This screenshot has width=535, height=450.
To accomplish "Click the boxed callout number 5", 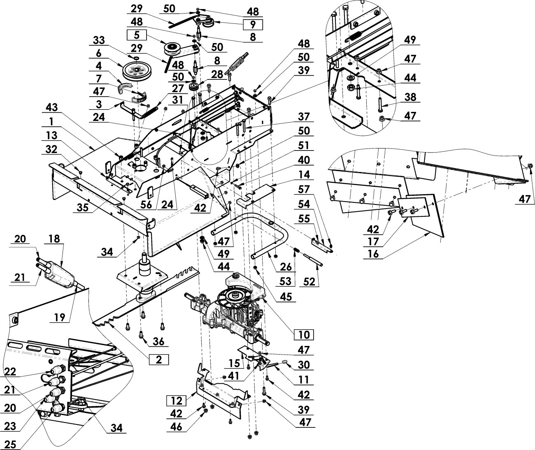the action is tap(137, 35).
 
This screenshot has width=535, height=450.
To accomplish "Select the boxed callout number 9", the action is tap(253, 25).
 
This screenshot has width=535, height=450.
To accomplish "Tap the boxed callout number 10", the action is tap(304, 335).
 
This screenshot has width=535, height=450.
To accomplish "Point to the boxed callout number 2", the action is tap(159, 360).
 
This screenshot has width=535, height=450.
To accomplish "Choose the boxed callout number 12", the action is tap(177, 401).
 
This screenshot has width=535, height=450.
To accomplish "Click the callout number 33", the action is tap(99, 40).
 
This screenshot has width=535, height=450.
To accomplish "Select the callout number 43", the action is tap(52, 107).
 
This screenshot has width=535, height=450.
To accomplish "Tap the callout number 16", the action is tap(373, 253).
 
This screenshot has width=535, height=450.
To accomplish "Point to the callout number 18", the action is tap(54, 239).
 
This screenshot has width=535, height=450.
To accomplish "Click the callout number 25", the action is tap(10, 444).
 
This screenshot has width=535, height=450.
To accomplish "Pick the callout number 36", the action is tap(158, 341).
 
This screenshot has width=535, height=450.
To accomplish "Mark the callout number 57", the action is tap(304, 190).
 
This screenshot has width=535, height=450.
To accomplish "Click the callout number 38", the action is tap(410, 97).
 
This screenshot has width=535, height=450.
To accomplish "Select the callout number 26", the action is tap(286, 267).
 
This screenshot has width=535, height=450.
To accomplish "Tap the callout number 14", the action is tap(304, 175).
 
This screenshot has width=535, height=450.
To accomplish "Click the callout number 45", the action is tap(286, 296).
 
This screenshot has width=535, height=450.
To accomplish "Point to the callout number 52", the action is tap(309, 282).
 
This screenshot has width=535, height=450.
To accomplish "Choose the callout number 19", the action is tap(60, 318).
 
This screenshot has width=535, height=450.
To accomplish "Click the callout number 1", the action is tap(51, 121).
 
